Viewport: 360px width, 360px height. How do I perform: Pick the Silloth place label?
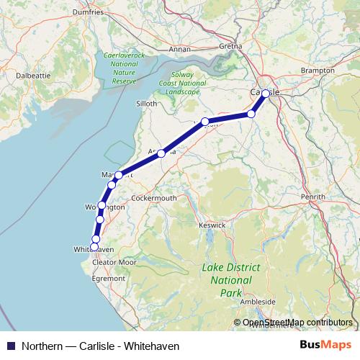[x=146, y=104]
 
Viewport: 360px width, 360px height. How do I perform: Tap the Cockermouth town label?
[x=154, y=197]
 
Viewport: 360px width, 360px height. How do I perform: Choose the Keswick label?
[x=212, y=225]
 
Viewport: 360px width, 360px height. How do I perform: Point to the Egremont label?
[x=109, y=276]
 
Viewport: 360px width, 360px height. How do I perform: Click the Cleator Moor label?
[x=115, y=262]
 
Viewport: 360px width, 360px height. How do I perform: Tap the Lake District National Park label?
[x=231, y=281]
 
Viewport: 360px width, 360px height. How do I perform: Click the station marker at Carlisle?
[x=266, y=94]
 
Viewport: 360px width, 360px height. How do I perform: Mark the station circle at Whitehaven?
[x=94, y=247]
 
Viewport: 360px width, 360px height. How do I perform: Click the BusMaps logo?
[x=325, y=346]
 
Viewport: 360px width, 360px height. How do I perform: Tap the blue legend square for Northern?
[x=10, y=346]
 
